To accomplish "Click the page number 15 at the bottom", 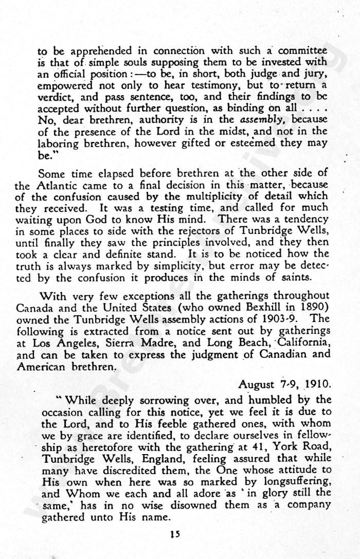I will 176,534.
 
